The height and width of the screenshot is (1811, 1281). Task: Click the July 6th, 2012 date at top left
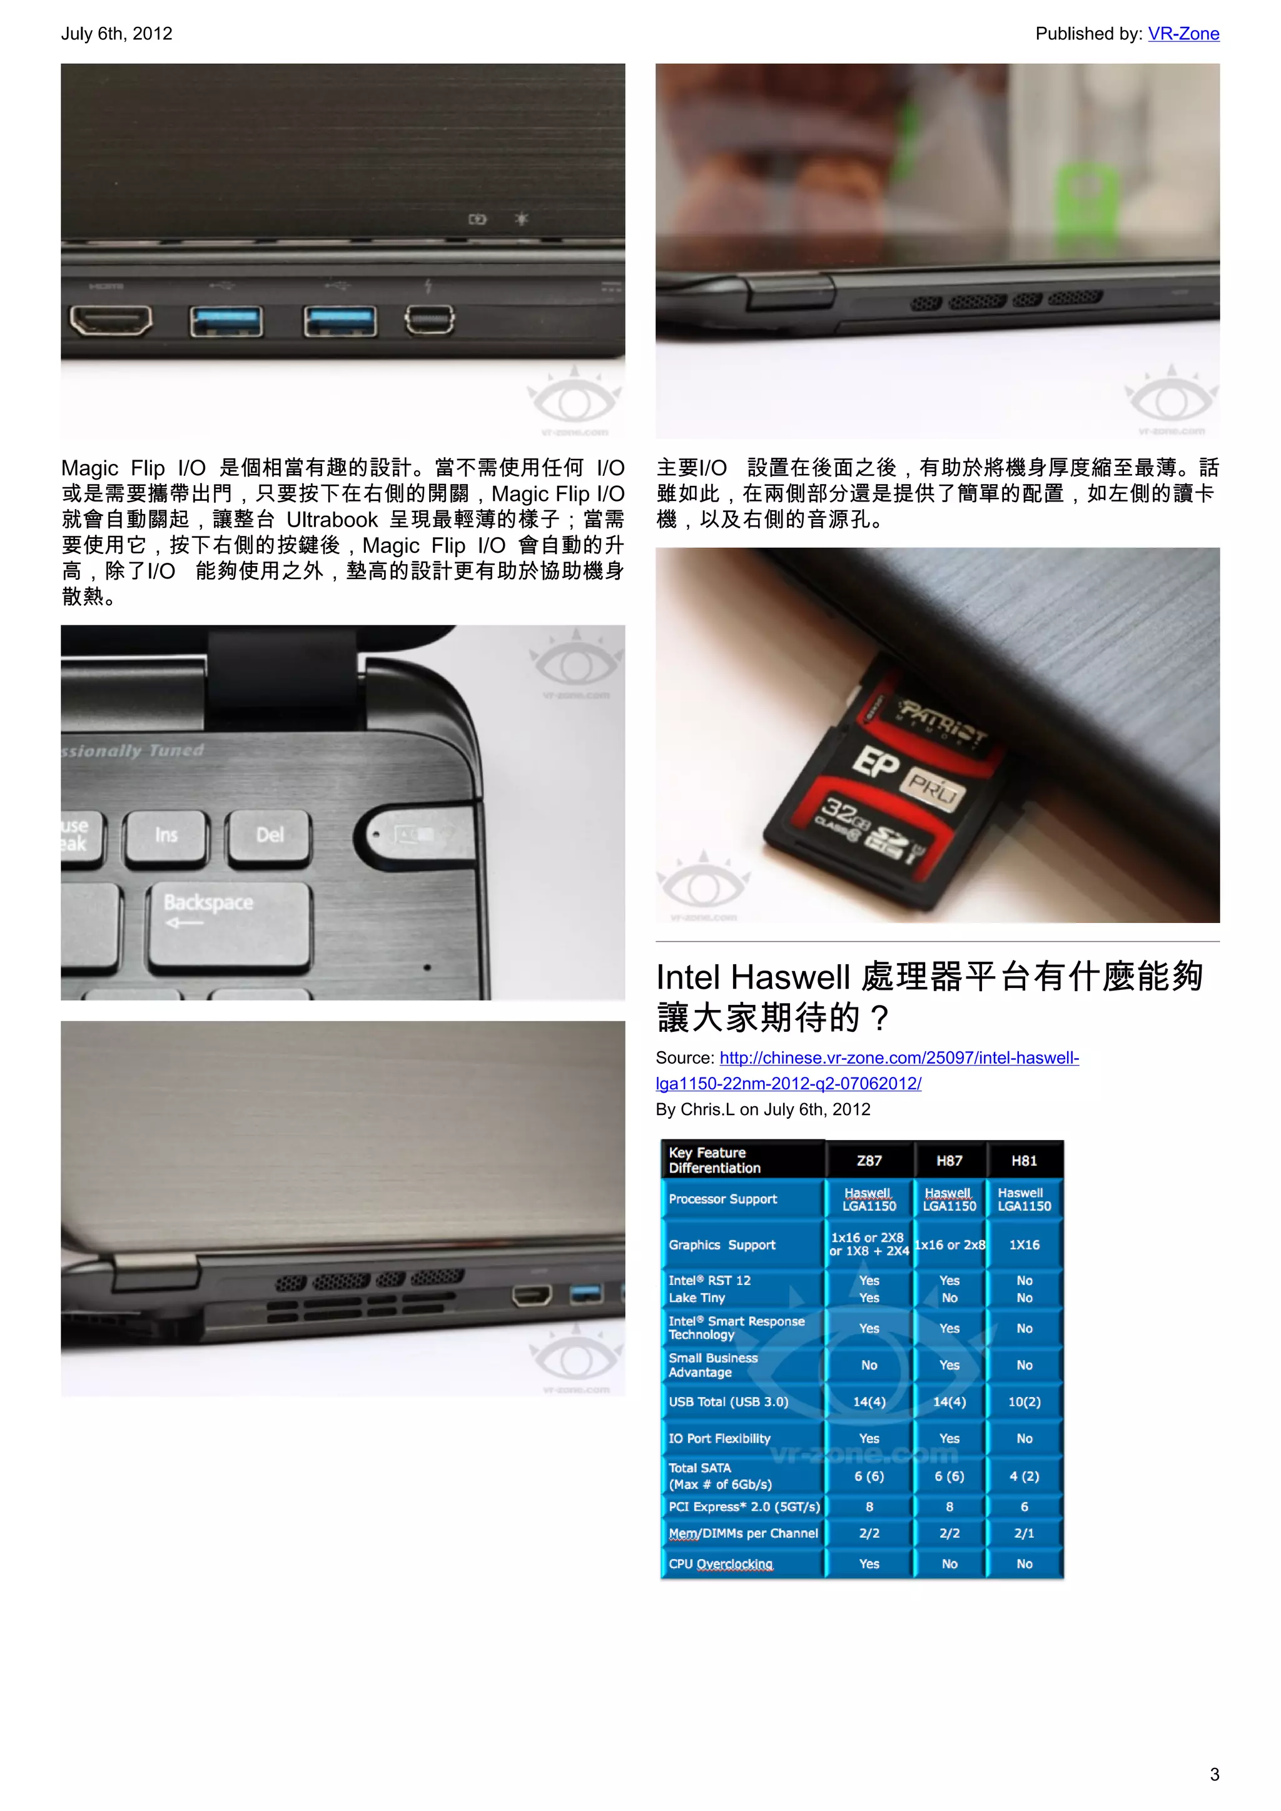pos(117,34)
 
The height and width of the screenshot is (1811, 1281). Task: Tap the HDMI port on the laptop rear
pos(111,320)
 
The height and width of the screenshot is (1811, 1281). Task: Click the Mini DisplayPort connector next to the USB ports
pos(429,320)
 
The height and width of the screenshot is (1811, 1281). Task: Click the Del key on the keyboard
pos(269,835)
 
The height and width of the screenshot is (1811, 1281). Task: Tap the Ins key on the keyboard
pos(166,835)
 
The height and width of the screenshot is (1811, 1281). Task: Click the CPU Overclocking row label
pos(720,1564)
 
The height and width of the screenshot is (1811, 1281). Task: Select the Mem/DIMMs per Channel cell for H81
pos(1024,1533)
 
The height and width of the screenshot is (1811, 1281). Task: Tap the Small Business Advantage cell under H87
pos(949,1365)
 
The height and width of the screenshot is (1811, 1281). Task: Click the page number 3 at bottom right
pos(1214,1775)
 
